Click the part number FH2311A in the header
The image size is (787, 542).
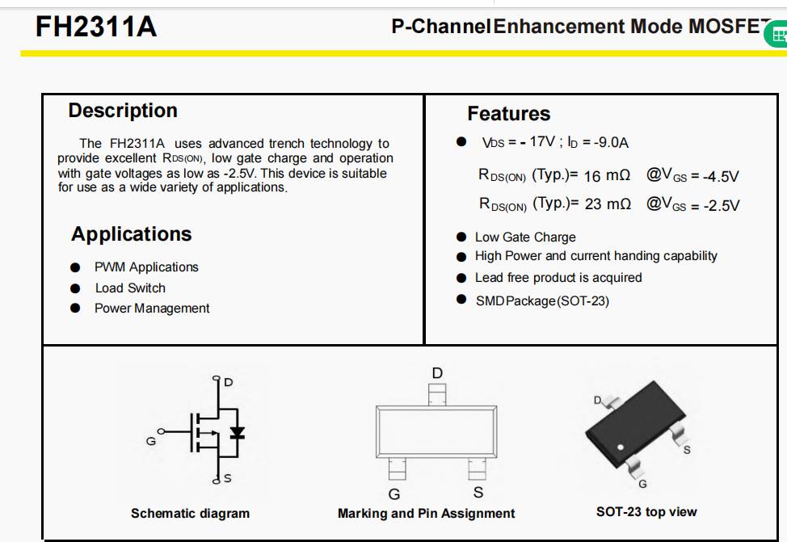96,28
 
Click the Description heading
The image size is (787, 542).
123,111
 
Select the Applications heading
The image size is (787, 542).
132,234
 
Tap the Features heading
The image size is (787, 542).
508,114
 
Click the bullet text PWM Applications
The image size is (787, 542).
146,267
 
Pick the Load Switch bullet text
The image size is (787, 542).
130,288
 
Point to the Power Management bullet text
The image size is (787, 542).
152,309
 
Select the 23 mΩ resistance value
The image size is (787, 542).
607,204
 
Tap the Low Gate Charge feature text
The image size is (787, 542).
525,237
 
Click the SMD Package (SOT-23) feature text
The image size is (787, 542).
542,301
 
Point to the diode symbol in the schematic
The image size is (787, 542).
236,432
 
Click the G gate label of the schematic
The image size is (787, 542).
150,441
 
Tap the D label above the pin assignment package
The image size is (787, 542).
437,373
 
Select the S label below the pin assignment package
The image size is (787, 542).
478,492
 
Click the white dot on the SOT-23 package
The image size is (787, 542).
621,447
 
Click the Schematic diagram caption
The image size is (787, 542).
190,514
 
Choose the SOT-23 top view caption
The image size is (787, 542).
646,512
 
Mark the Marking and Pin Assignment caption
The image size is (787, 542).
426,514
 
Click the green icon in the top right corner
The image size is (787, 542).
778,35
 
